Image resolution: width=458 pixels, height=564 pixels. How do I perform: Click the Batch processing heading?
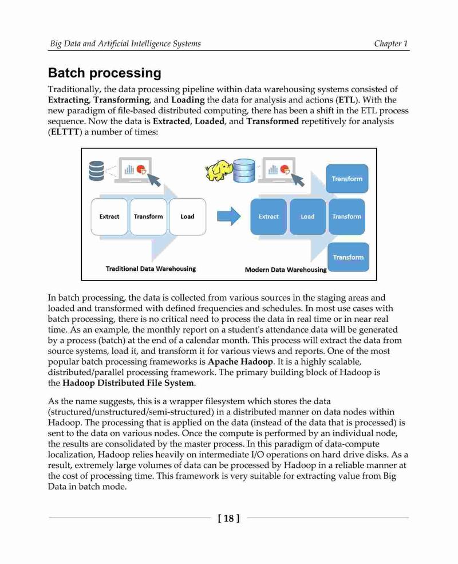pyautogui.click(x=105, y=73)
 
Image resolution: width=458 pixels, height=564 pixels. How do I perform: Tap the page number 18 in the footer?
pyautogui.click(x=228, y=518)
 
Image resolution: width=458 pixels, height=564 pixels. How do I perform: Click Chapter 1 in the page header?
pyautogui.click(x=391, y=44)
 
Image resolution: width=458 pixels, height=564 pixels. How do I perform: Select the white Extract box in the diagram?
pyautogui.click(x=109, y=216)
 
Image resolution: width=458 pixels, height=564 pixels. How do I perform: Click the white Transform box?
pyautogui.click(x=148, y=216)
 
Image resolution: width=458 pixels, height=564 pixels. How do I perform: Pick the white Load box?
pyautogui.click(x=187, y=216)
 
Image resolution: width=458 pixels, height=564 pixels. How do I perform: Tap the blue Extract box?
pyautogui.click(x=269, y=216)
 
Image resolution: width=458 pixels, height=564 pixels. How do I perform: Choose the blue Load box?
pyautogui.click(x=307, y=216)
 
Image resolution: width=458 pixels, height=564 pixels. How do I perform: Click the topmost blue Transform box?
pyautogui.click(x=347, y=179)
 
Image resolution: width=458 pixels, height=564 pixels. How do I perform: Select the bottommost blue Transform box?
pyautogui.click(x=348, y=257)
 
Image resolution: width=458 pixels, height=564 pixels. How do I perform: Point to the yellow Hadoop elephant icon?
pyautogui.click(x=219, y=170)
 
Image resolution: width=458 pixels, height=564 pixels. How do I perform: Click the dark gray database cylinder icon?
pyautogui.click(x=96, y=171)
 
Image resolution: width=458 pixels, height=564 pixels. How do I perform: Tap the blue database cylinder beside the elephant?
pyautogui.click(x=244, y=171)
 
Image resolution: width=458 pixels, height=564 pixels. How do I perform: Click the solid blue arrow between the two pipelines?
pyautogui.click(x=228, y=216)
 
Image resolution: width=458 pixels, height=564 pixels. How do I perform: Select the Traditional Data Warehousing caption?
pyautogui.click(x=151, y=269)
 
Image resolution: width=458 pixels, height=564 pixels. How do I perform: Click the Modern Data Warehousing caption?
pyautogui.click(x=286, y=270)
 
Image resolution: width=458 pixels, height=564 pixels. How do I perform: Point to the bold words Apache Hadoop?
pyautogui.click(x=240, y=361)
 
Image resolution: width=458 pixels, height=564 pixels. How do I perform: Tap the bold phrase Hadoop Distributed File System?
pyautogui.click(x=128, y=382)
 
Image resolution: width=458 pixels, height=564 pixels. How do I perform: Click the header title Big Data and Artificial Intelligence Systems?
pyautogui.click(x=125, y=44)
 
